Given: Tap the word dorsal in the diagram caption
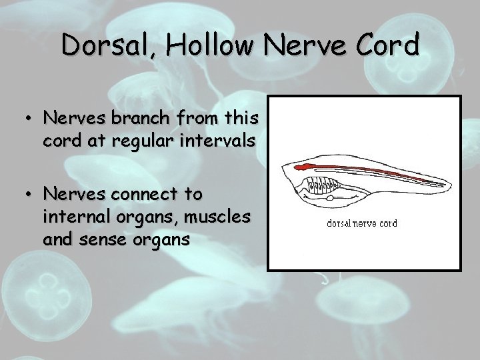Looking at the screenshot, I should [341, 223].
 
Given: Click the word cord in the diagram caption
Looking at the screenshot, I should [387, 223].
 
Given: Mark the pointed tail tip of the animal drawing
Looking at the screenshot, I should [446, 185].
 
